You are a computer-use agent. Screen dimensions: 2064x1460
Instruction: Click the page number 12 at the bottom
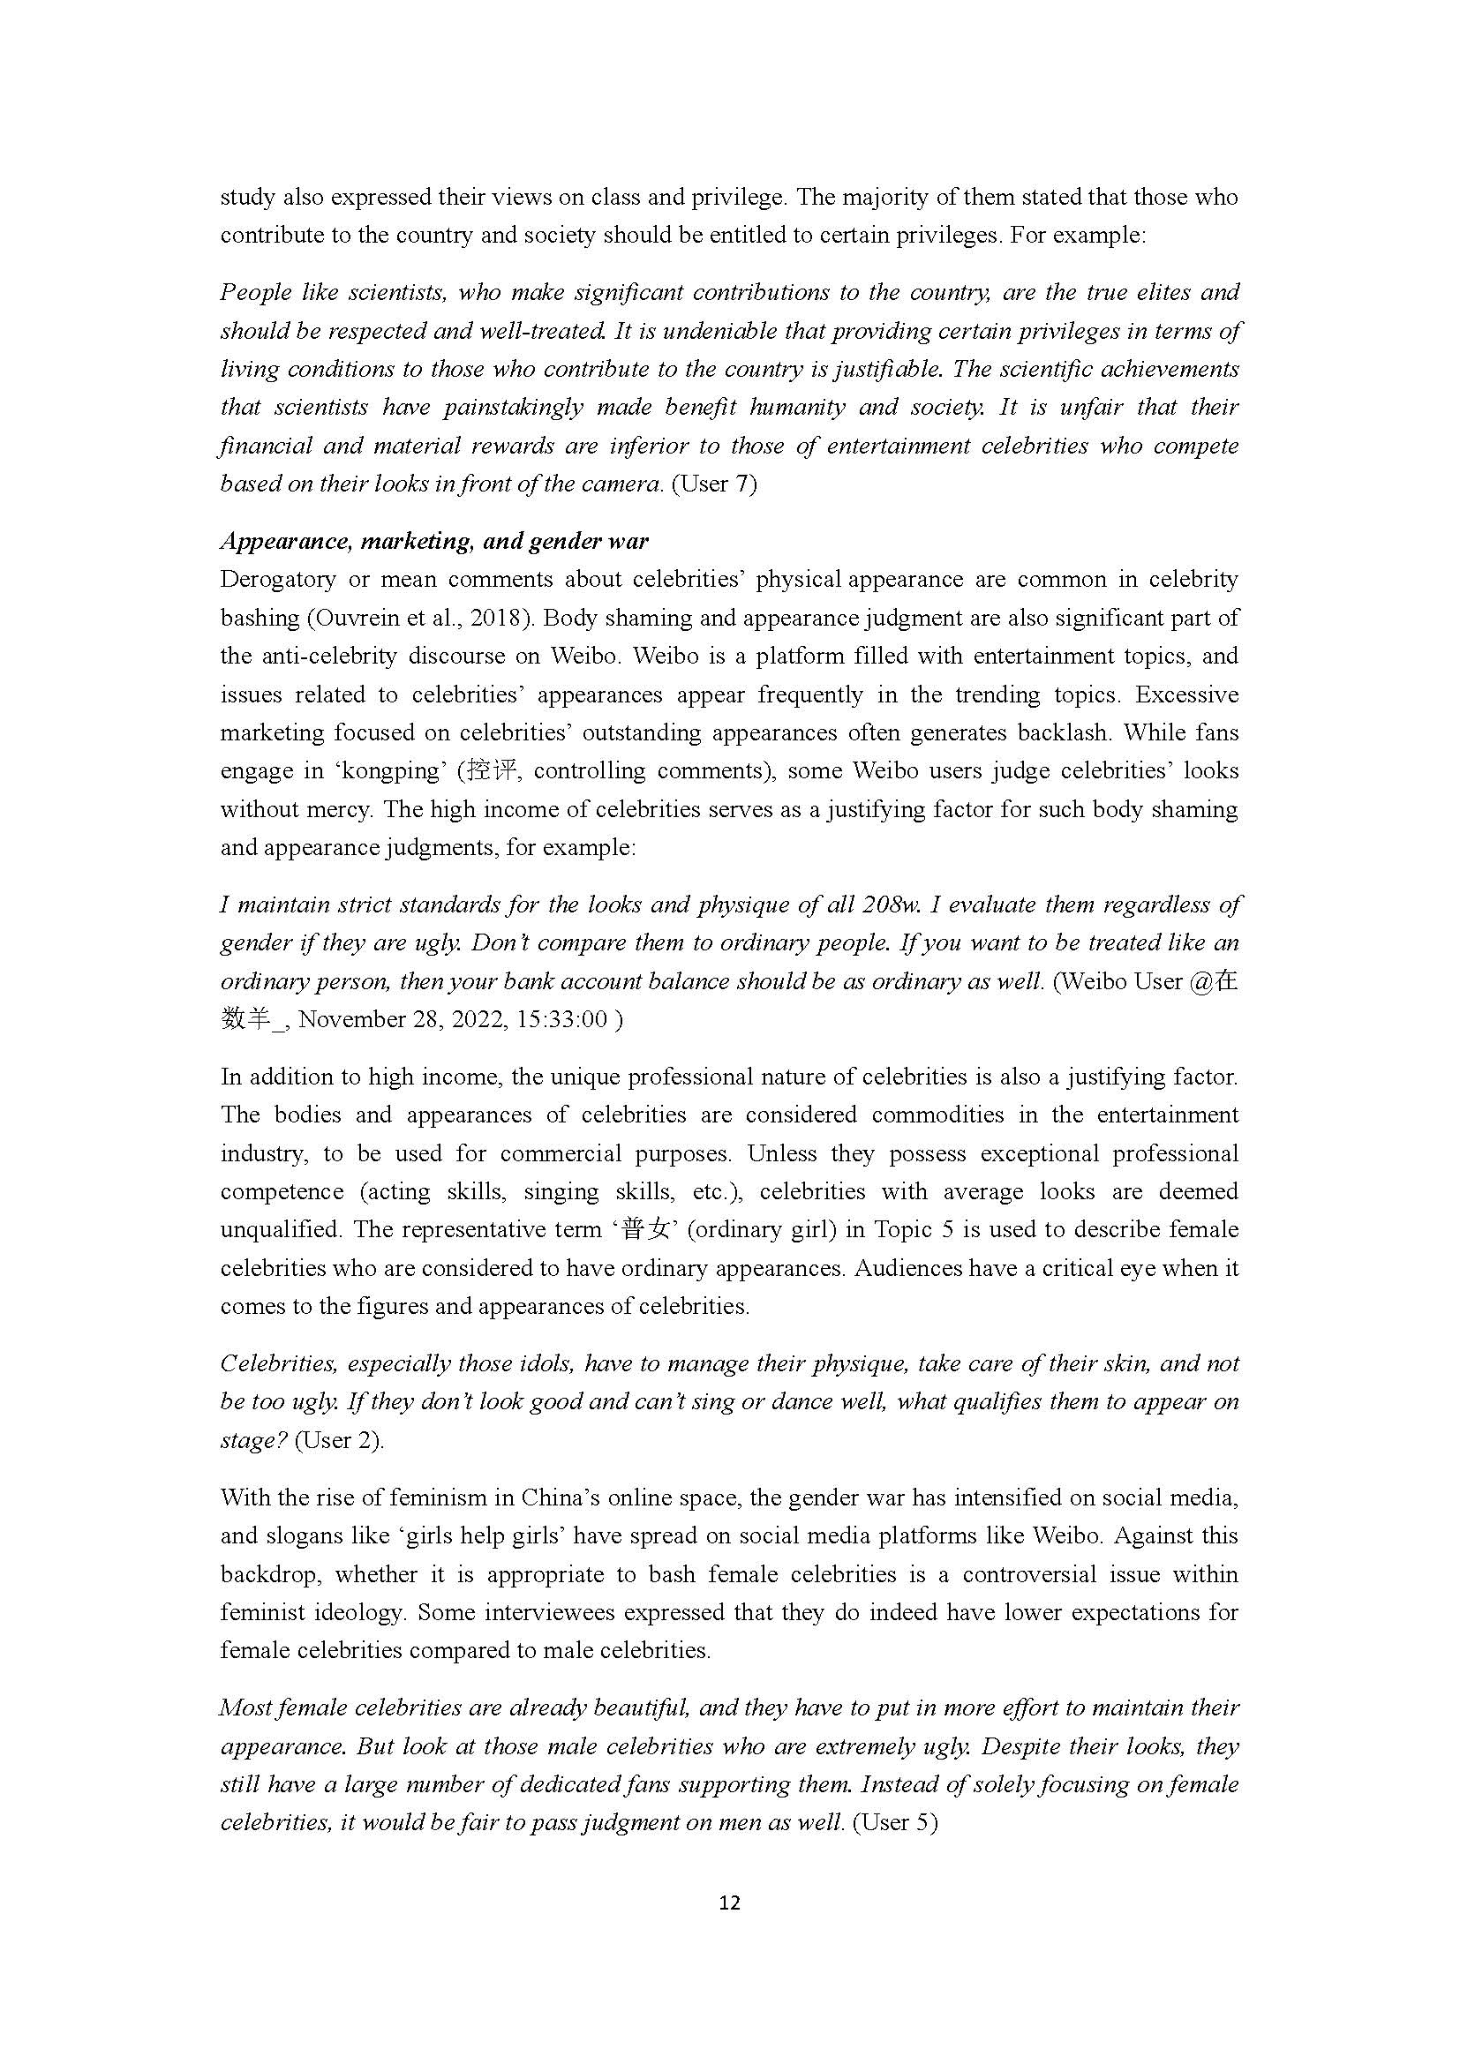(x=729, y=1903)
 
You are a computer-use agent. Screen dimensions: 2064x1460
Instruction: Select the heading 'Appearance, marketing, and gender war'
(x=434, y=541)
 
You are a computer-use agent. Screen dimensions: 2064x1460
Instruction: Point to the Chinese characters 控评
(x=489, y=770)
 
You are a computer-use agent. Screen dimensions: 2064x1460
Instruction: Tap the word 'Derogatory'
(x=278, y=580)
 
